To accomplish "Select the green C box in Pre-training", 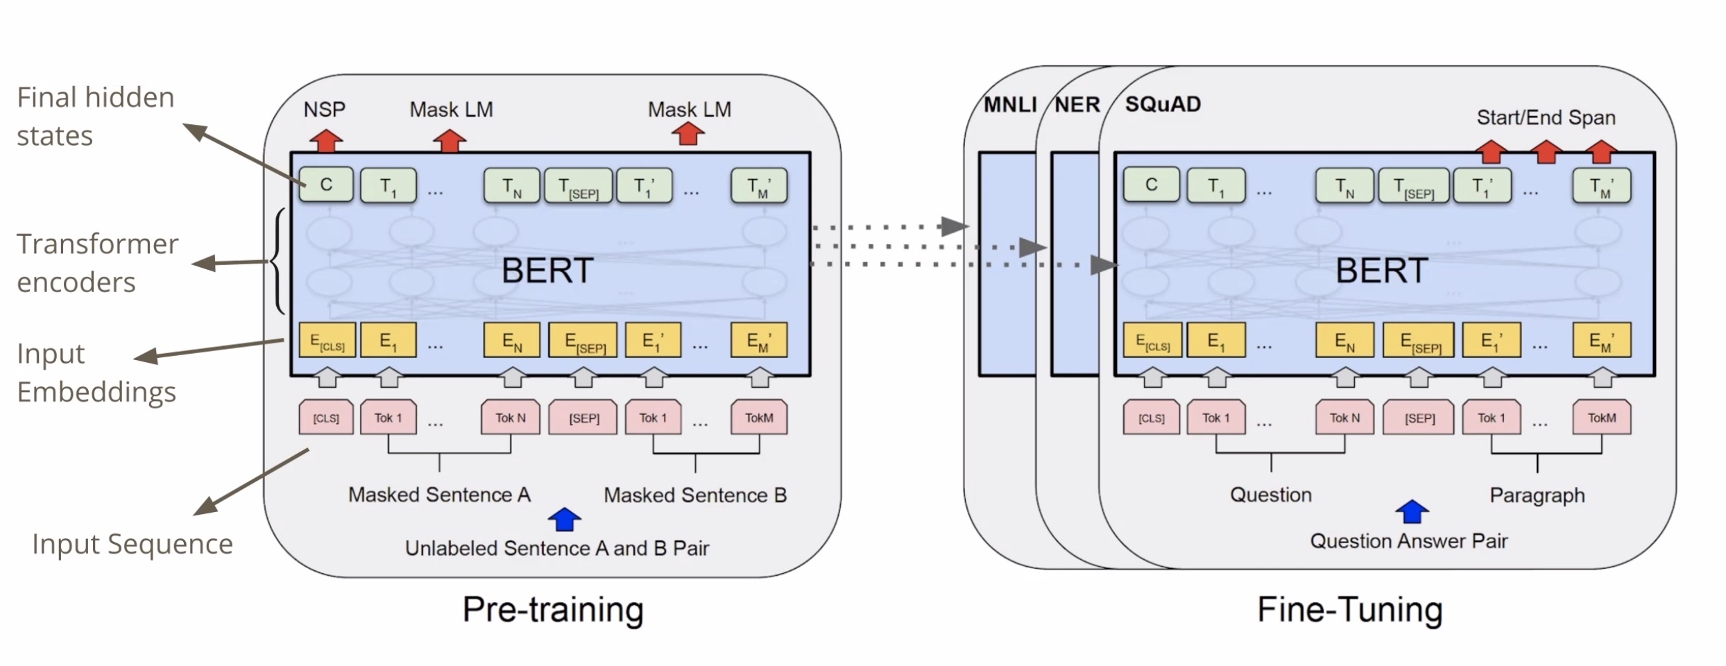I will click(326, 185).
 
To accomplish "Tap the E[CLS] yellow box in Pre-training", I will click(327, 341).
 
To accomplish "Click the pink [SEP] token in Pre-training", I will click(583, 418).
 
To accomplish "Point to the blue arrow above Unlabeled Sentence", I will click(564, 519).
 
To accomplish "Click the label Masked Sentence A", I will click(439, 495).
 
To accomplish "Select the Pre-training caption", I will click(553, 609).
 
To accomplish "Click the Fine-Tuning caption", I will click(1350, 609).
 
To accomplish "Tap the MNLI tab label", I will click(1009, 105).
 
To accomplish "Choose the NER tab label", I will click(1077, 105).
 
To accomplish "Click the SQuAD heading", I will click(1163, 104).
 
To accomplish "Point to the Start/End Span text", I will click(1546, 117).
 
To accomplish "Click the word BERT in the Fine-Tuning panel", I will click(1381, 271).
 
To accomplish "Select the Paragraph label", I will click(1537, 495).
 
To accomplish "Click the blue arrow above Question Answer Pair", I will click(1412, 512).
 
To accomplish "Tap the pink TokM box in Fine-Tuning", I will click(1601, 418).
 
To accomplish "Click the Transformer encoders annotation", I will click(97, 263).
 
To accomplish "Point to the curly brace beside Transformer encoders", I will click(277, 262).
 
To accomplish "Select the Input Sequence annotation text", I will click(132, 544).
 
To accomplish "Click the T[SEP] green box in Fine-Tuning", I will click(1413, 186).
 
